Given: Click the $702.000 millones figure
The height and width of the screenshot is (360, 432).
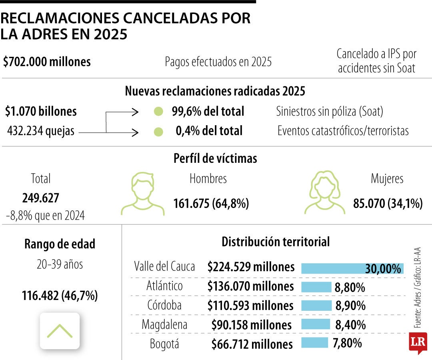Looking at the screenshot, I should [x=47, y=62].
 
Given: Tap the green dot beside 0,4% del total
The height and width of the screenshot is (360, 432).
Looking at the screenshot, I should [x=158, y=132].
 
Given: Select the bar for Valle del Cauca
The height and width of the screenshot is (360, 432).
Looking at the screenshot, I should [x=352, y=268].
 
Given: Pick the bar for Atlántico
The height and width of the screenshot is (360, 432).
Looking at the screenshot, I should [x=316, y=287].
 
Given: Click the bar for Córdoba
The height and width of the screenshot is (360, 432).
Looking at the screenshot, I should [x=316, y=306].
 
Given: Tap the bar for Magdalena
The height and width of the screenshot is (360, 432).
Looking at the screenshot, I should [x=315, y=324].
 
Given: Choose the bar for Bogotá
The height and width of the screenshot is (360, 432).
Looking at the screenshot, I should [x=314, y=343].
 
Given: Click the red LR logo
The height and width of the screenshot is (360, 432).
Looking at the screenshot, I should [x=418, y=342].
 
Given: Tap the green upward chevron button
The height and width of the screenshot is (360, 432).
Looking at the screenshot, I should [x=60, y=331].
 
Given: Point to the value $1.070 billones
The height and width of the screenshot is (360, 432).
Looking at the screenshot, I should [x=41, y=112].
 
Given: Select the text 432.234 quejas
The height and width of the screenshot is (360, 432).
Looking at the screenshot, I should [x=41, y=131].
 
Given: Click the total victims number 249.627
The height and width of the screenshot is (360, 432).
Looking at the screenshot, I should [x=41, y=198].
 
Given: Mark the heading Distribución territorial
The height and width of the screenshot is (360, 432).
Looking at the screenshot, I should [x=276, y=242].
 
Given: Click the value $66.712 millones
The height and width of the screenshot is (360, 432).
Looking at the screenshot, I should [x=252, y=344].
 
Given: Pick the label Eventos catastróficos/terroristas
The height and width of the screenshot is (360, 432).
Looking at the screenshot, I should [x=343, y=131].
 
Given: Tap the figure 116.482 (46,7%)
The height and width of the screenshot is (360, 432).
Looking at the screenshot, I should [x=60, y=296].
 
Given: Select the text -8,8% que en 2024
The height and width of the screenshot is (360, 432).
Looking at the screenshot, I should [x=45, y=216].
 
